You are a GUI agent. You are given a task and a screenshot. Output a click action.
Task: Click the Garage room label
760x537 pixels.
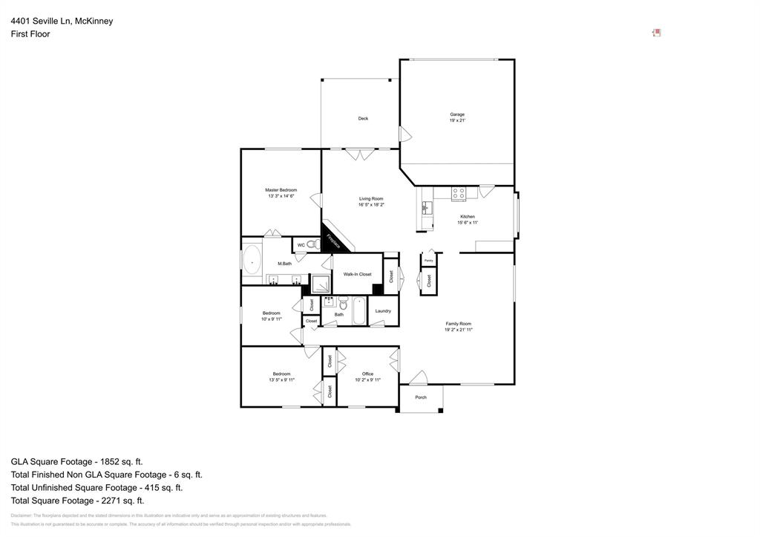click(x=457, y=114)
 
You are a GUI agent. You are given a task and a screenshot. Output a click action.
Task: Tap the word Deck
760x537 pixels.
click(x=363, y=119)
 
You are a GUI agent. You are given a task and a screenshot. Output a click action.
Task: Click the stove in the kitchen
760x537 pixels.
click(x=459, y=193)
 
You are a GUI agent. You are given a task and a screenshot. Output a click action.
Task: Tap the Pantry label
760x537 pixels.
click(x=428, y=261)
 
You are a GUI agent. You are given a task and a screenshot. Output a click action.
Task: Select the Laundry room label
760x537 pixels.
click(x=383, y=311)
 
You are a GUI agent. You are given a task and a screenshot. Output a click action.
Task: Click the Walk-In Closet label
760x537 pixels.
click(x=357, y=274)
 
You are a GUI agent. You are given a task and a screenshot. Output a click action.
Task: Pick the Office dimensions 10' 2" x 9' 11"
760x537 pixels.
click(x=367, y=380)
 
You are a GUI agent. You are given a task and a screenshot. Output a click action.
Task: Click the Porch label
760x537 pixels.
click(x=421, y=397)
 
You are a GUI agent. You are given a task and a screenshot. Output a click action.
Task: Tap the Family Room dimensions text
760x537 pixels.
click(x=458, y=330)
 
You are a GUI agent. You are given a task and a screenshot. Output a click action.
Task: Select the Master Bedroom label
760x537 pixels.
click(x=281, y=190)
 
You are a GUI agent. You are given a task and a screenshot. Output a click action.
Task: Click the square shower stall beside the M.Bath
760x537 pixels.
click(x=321, y=284)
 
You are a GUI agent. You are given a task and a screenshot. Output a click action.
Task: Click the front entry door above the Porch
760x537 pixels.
click(x=418, y=377)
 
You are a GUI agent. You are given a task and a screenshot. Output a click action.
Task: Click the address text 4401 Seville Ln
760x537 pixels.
click(x=40, y=21)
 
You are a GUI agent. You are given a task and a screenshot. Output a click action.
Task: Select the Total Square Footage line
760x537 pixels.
click(x=77, y=501)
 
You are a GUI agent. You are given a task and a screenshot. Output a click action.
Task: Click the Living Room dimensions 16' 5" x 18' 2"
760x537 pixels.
click(x=371, y=204)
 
